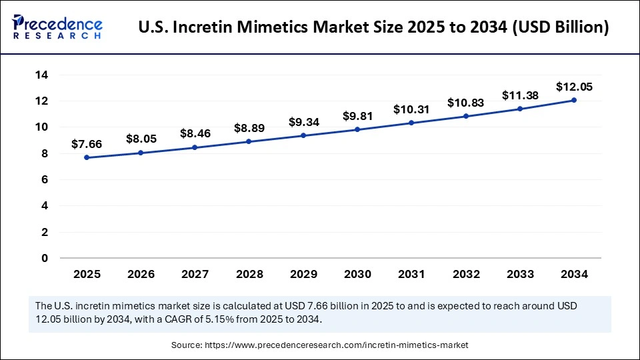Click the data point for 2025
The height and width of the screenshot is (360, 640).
pos(87,158)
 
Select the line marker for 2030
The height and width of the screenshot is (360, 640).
pos(357,129)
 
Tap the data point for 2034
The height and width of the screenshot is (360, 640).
pos(574,100)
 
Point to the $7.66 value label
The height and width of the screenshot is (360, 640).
pos(87,144)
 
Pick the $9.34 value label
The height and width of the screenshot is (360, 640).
pos(303,122)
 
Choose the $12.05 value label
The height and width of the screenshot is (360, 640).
pos(574,87)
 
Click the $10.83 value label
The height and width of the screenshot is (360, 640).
pos(465,103)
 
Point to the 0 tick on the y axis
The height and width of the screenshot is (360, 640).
pos(45,258)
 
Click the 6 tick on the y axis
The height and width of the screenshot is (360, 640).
pos(45,179)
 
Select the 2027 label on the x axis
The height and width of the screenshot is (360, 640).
pos(195,273)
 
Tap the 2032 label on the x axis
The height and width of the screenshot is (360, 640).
pos(465,273)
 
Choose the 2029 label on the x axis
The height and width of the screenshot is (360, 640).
pos(303,273)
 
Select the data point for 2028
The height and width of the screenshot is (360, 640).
pos(249,141)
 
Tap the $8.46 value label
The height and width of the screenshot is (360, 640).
pos(195,133)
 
